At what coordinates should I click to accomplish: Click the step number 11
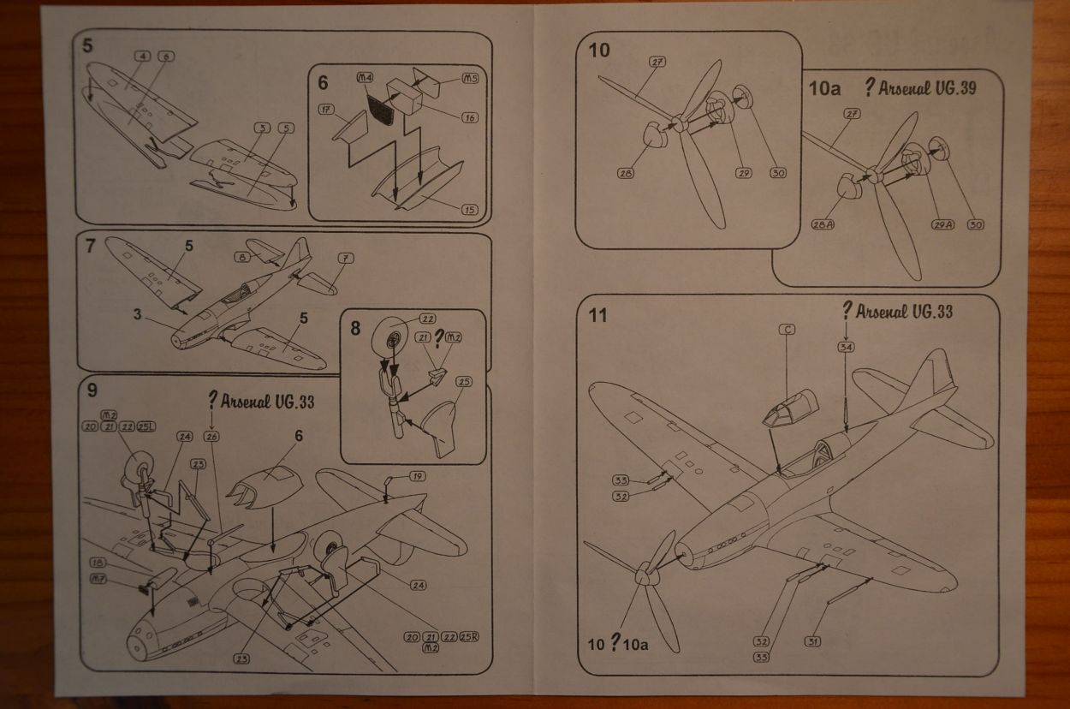click(x=597, y=315)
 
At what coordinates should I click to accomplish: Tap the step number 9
click(x=92, y=389)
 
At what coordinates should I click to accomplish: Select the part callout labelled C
click(x=788, y=329)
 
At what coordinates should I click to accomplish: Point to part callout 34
click(x=846, y=347)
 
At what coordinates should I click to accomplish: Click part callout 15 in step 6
click(x=469, y=210)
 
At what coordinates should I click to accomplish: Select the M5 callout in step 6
click(x=470, y=79)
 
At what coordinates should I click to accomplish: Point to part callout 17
click(x=326, y=110)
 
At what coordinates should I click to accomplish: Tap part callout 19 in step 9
click(x=417, y=476)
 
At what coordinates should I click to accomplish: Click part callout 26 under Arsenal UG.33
click(x=211, y=436)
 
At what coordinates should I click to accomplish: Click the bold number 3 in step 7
click(x=137, y=314)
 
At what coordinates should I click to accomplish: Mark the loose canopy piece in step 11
click(x=789, y=406)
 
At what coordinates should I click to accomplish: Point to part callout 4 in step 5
click(x=143, y=57)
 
